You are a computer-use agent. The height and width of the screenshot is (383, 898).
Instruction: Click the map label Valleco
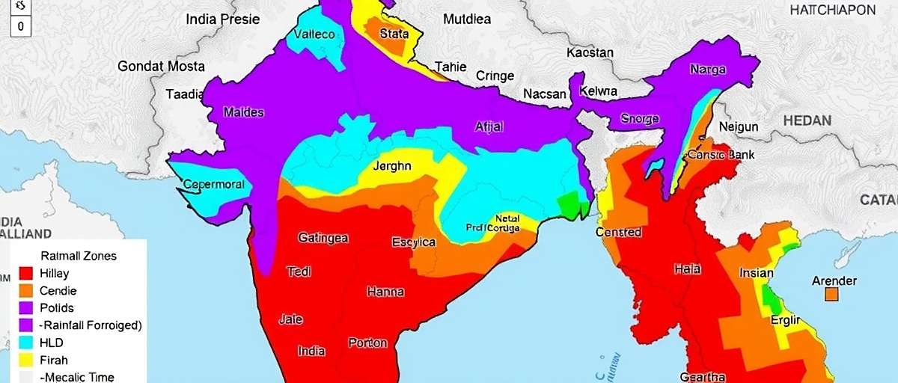314,34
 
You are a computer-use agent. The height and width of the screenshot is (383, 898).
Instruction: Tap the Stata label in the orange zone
394,33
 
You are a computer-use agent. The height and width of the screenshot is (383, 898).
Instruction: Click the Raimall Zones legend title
79,256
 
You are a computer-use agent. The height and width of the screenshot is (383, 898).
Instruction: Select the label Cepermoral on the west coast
214,185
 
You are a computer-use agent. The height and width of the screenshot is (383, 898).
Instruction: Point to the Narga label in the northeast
707,70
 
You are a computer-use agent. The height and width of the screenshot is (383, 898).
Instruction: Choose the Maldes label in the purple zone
244,113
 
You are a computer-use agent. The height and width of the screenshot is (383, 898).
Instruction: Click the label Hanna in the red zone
385,292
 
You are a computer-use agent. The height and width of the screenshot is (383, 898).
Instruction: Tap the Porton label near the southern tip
368,343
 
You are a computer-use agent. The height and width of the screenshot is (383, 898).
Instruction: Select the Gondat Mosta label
161,66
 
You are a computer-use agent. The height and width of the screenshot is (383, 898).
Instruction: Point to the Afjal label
489,126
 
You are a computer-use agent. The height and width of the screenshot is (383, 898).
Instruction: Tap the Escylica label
414,242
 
